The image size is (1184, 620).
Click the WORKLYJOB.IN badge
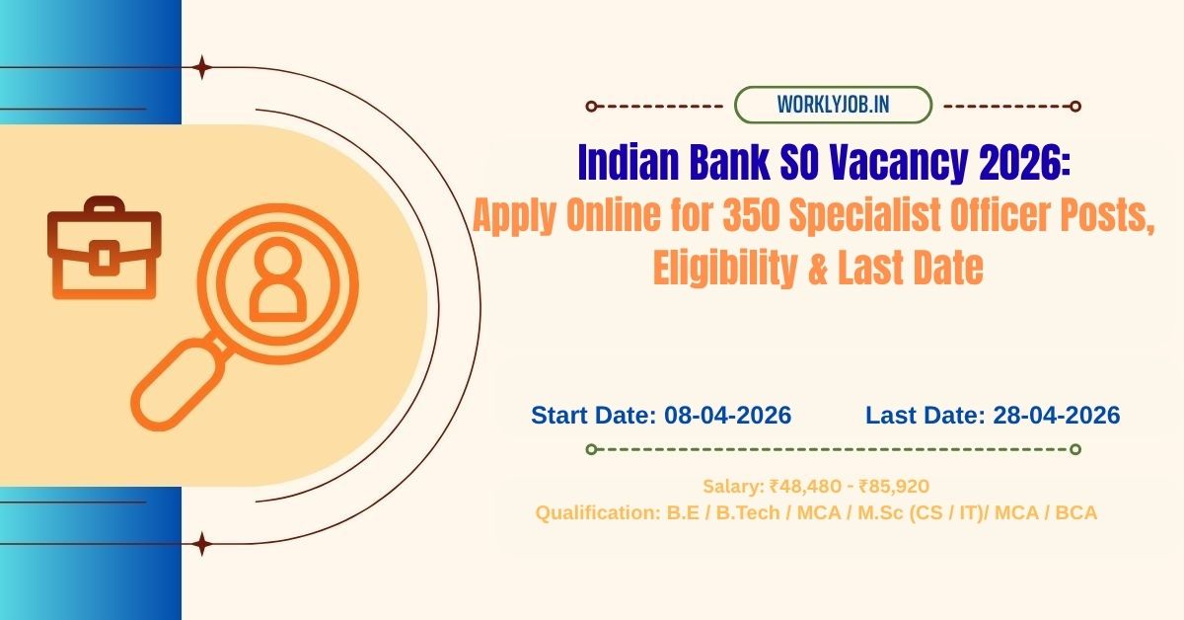tap(834, 105)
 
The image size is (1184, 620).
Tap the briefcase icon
tap(104, 249)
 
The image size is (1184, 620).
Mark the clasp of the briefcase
tap(104, 259)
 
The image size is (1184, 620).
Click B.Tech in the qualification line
tap(743, 513)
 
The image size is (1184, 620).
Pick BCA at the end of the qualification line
tap(1078, 513)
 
